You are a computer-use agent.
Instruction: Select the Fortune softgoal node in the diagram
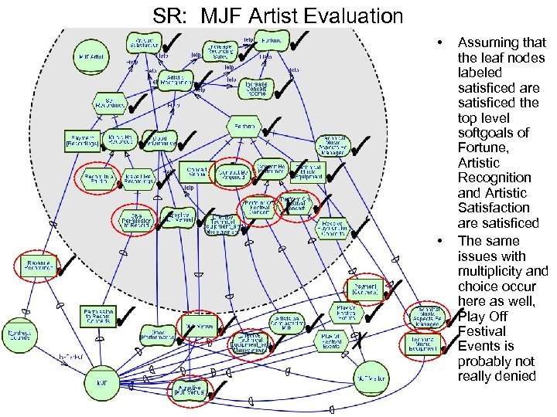272,39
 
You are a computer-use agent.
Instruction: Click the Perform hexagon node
245,124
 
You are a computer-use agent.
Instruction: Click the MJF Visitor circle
371,378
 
